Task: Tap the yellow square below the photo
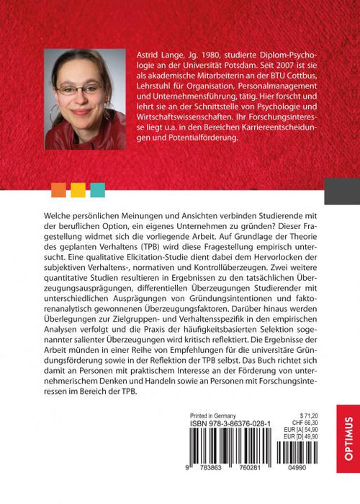78,190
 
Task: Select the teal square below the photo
98,190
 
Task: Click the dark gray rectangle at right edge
341,190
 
